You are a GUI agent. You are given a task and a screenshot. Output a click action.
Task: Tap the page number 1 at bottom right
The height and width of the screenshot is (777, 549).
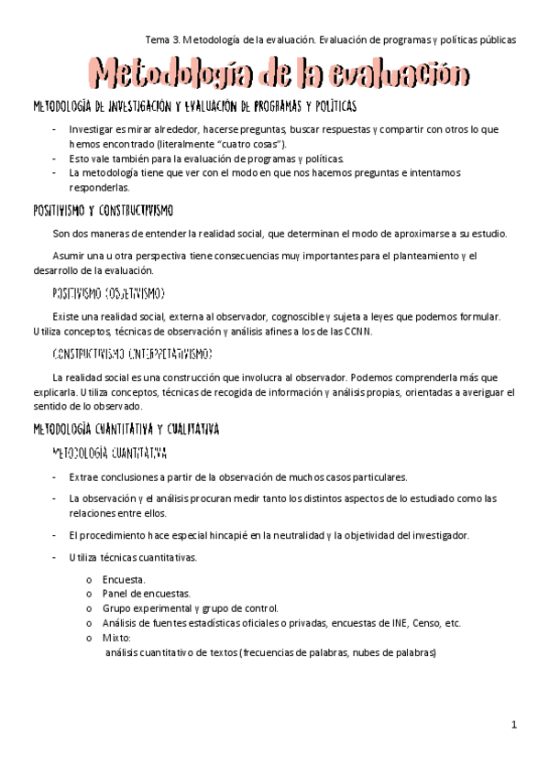(515, 725)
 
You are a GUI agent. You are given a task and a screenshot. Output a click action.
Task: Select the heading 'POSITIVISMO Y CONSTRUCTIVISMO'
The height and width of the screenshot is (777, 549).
(109, 211)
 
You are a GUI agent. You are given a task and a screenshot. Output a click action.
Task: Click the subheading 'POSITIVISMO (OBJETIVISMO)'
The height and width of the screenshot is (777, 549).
(108, 293)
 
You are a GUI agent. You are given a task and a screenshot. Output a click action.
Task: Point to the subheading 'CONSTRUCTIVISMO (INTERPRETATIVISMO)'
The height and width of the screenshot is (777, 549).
(133, 353)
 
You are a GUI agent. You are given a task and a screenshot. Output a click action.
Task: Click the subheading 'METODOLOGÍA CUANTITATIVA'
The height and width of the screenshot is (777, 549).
(109, 452)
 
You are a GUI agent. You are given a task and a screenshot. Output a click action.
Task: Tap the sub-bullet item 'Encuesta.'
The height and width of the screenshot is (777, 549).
(124, 579)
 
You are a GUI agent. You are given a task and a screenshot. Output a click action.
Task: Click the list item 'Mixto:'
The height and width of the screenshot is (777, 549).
(117, 637)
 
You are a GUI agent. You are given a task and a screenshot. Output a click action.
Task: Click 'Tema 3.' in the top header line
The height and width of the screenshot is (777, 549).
(163, 39)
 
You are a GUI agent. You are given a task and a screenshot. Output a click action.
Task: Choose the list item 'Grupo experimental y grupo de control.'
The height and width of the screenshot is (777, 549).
(191, 608)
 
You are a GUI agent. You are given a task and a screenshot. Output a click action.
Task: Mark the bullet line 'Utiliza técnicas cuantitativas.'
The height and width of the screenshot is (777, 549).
(132, 557)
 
